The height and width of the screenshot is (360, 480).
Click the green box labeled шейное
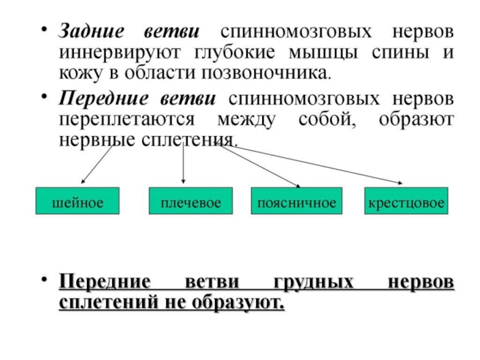[77, 201]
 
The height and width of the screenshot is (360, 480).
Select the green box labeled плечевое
[191, 201]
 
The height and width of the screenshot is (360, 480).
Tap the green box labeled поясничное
[296, 201]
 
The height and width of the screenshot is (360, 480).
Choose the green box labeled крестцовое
[406, 201]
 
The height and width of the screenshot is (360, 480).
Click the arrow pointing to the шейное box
[97, 164]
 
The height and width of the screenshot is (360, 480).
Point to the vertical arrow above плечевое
[183, 163]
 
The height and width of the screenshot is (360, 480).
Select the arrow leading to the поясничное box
[259, 166]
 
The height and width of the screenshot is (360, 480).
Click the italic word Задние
[92, 31]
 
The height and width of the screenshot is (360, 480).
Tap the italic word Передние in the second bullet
[103, 98]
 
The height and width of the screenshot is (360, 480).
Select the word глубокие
[235, 53]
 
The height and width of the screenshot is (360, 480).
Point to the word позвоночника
[266, 73]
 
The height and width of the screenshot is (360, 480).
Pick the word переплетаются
[127, 119]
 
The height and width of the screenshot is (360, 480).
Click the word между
[247, 119]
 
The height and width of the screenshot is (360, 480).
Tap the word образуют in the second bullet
[416, 119]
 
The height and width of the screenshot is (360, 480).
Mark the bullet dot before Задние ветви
[44, 29]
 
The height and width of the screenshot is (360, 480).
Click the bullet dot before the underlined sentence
[44, 279]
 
